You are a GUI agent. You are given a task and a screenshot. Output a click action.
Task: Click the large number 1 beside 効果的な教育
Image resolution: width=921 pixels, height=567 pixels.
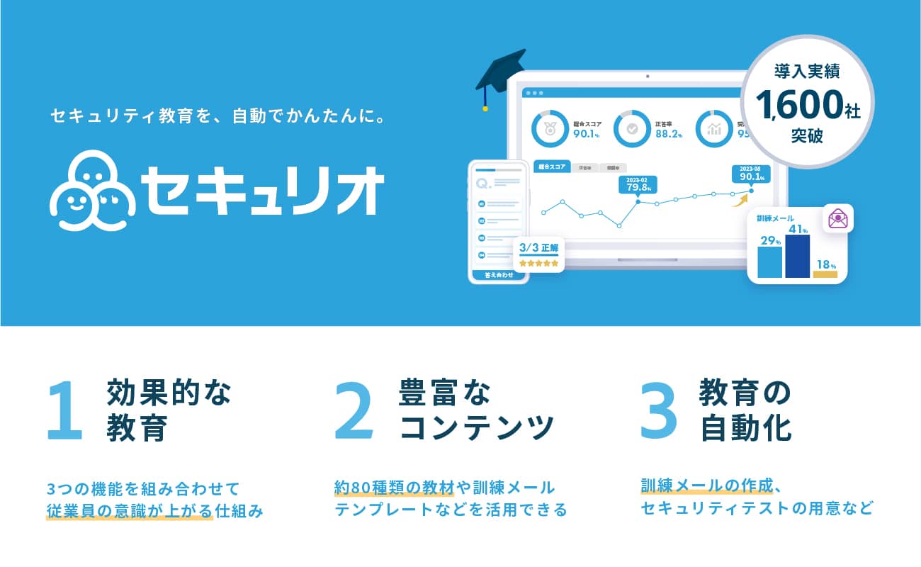[65, 411]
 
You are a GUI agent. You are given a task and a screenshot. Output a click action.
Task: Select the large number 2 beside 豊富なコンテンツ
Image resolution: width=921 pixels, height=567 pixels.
[354, 411]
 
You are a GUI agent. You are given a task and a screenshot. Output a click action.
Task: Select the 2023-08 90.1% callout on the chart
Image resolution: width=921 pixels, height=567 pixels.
[751, 173]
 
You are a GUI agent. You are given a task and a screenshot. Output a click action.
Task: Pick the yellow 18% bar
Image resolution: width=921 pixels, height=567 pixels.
[825, 274]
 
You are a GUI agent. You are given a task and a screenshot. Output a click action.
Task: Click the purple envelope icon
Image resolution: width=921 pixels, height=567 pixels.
[838, 218]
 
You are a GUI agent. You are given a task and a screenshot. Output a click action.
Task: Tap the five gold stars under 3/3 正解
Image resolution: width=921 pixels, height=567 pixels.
[538, 263]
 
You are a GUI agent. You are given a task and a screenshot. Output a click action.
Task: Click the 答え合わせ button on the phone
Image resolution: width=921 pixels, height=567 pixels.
[499, 275]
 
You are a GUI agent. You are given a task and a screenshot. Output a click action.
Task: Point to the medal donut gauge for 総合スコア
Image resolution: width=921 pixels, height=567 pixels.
[548, 128]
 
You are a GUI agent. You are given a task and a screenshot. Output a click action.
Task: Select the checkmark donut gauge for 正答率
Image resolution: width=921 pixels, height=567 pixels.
[630, 128]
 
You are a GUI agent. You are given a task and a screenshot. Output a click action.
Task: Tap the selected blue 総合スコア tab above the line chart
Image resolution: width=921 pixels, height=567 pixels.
[552, 167]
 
